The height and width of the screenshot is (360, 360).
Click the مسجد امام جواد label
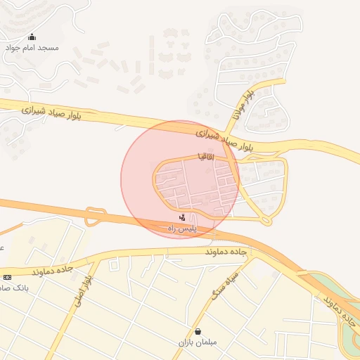(x=32, y=48)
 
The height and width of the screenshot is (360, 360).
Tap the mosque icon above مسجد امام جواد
(x=32, y=37)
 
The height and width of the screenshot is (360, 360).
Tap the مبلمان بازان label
(x=198, y=342)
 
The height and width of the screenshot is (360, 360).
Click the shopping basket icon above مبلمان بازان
(x=198, y=331)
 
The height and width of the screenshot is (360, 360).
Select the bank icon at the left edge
(x=7, y=277)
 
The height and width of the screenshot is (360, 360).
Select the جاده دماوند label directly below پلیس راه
(x=225, y=252)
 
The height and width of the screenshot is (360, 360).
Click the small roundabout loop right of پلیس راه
(x=266, y=221)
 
